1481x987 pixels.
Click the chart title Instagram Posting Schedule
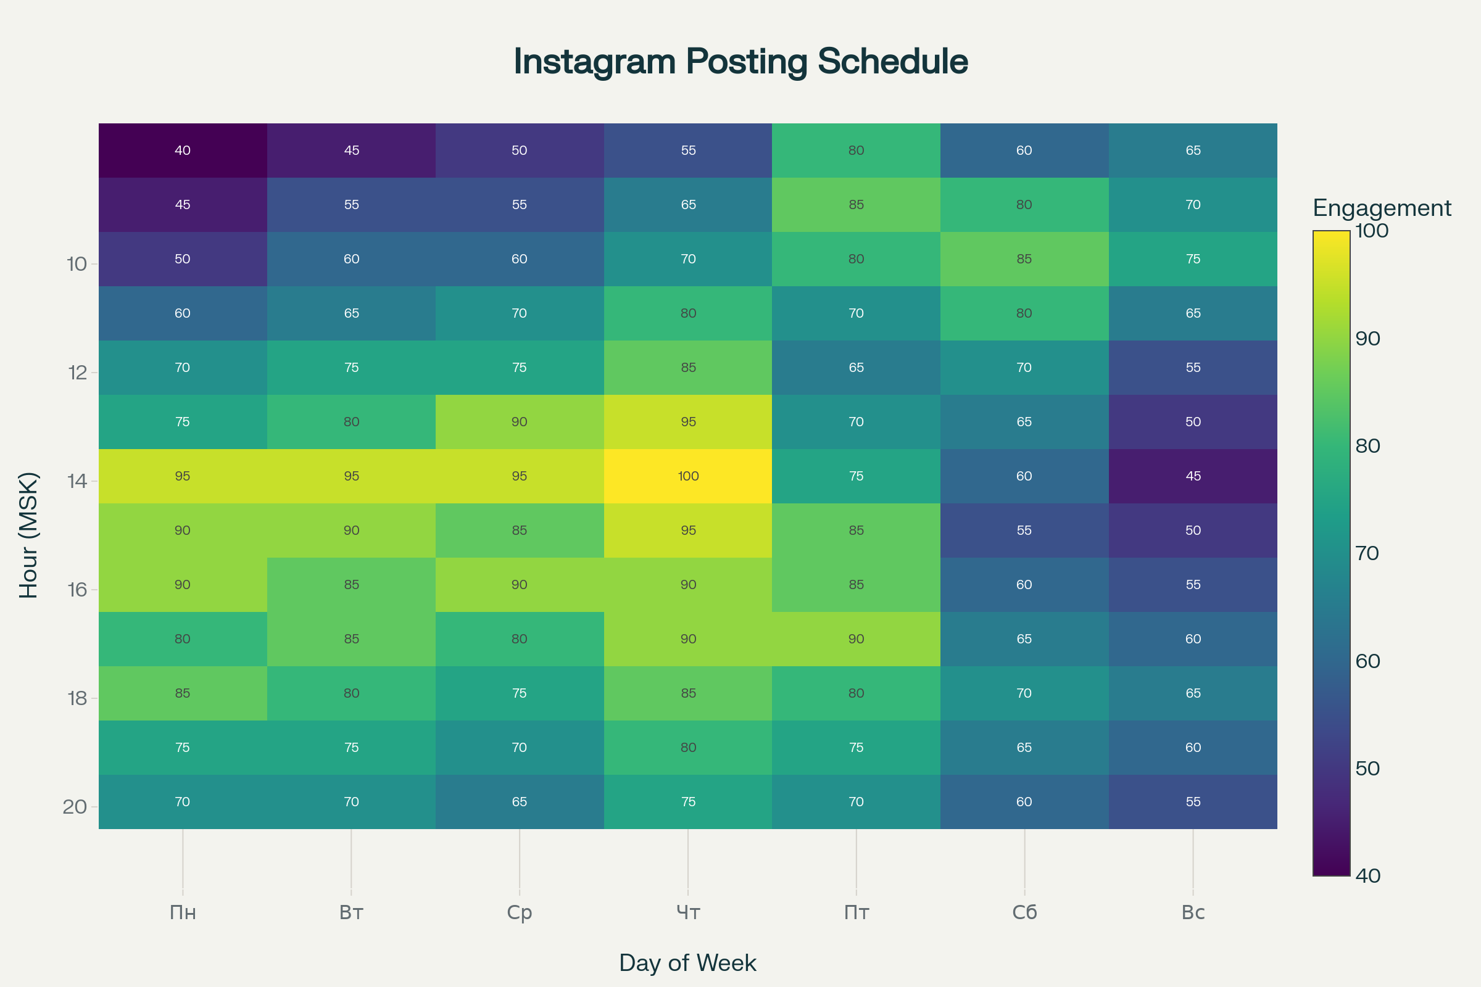pyautogui.click(x=740, y=62)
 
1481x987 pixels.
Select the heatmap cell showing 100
pyautogui.click(x=688, y=476)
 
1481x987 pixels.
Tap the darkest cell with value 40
pyautogui.click(x=183, y=151)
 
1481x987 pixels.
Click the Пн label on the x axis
pyautogui.click(x=183, y=912)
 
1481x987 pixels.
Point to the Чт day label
pyautogui.click(x=688, y=912)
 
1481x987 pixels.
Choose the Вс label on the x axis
pyautogui.click(x=1193, y=912)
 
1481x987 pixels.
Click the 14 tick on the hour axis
pyautogui.click(x=77, y=482)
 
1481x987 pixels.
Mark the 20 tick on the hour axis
pyautogui.click(x=75, y=807)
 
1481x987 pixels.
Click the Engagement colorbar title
pyautogui.click(x=1382, y=208)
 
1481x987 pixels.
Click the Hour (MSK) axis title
pyautogui.click(x=29, y=535)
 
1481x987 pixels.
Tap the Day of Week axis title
pyautogui.click(x=687, y=963)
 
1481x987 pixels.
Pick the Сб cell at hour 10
pyautogui.click(x=1024, y=259)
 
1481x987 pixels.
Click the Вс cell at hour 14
pyautogui.click(x=1193, y=476)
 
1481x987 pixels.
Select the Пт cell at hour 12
pyautogui.click(x=857, y=368)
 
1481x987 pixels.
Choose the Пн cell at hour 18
pyautogui.click(x=183, y=693)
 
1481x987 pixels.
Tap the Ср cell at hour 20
pyautogui.click(x=520, y=802)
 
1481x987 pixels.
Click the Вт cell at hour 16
pyautogui.click(x=351, y=585)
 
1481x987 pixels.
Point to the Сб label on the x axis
pyautogui.click(x=1024, y=912)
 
